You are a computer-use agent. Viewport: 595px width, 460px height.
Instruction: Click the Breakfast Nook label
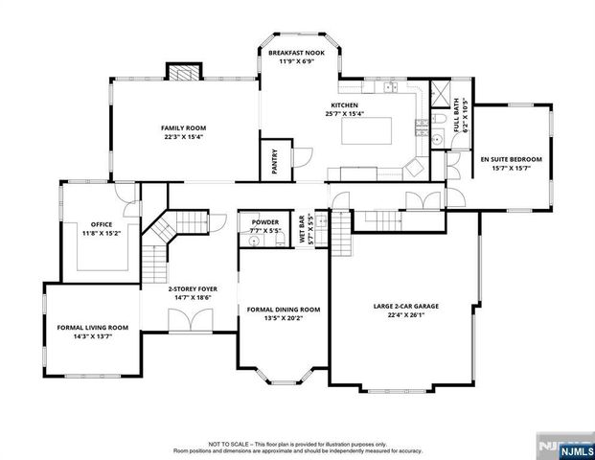pos(296,53)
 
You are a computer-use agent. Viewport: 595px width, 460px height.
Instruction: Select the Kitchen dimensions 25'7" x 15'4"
pos(345,114)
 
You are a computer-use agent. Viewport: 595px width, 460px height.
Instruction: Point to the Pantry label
pos(274,157)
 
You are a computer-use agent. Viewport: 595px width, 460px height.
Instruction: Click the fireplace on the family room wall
pos(183,72)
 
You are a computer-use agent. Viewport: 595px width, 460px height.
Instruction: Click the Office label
pos(102,225)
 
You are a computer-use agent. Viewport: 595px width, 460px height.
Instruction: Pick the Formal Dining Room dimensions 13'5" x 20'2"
pos(284,318)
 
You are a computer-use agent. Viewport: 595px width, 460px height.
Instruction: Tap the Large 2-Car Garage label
pos(406,307)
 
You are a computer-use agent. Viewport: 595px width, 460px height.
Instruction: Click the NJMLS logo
pos(566,445)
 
